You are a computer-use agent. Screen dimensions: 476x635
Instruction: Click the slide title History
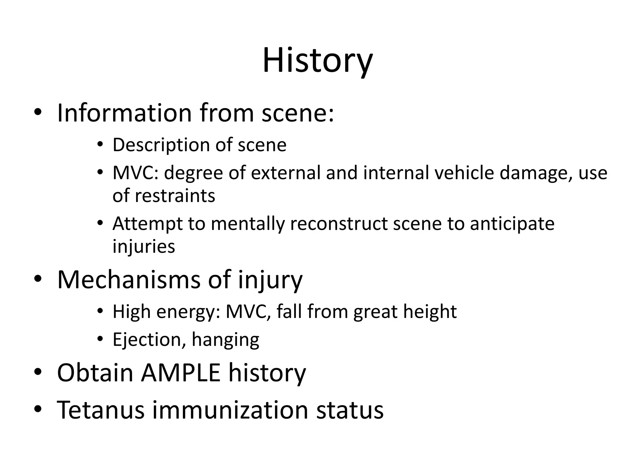(317, 60)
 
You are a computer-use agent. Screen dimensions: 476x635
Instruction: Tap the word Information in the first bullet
(124, 113)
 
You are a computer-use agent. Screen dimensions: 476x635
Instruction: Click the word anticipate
(512, 224)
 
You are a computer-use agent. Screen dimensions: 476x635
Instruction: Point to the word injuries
(144, 247)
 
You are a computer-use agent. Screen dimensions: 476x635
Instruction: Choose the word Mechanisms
(129, 280)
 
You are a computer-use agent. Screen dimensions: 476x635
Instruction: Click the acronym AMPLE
(180, 372)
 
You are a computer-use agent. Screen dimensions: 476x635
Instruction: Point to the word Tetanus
(101, 410)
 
